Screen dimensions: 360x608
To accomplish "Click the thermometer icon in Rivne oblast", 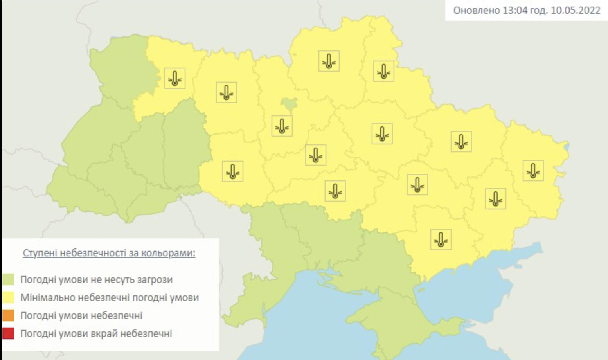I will pyautogui.click(x=174, y=78).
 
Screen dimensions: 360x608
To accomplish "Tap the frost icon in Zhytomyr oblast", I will pyautogui.click(x=227, y=92).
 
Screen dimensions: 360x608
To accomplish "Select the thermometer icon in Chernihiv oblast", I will pyautogui.click(x=329, y=61).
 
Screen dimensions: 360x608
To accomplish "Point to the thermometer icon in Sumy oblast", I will pyautogui.click(x=383, y=71).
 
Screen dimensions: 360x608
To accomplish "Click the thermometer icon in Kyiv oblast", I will pyautogui.click(x=282, y=126).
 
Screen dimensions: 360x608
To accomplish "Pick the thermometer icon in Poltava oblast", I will pyautogui.click(x=382, y=134).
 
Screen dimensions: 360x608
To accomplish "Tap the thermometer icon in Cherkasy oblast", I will pyautogui.click(x=316, y=155).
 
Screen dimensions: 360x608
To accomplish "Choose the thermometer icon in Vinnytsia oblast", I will pyautogui.click(x=233, y=171).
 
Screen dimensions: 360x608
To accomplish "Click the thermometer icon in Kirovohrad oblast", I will pyautogui.click(x=335, y=191).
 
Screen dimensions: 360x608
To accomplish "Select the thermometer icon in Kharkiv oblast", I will pyautogui.click(x=461, y=141).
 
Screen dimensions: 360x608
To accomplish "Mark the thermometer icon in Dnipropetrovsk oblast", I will pyautogui.click(x=417, y=185).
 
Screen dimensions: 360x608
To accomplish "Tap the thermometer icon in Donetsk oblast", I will pyautogui.click(x=496, y=199).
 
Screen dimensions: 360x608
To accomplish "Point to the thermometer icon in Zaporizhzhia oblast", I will pyautogui.click(x=441, y=239).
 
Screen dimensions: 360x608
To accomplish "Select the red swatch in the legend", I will pyautogui.click(x=8, y=333).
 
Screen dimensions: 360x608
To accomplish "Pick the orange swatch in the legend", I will pyautogui.click(x=8, y=315).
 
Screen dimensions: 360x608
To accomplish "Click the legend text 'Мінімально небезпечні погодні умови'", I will pyautogui.click(x=110, y=297).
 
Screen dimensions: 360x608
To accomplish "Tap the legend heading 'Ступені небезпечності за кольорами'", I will pyautogui.click(x=109, y=253).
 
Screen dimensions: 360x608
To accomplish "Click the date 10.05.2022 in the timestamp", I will pyautogui.click(x=575, y=10).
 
